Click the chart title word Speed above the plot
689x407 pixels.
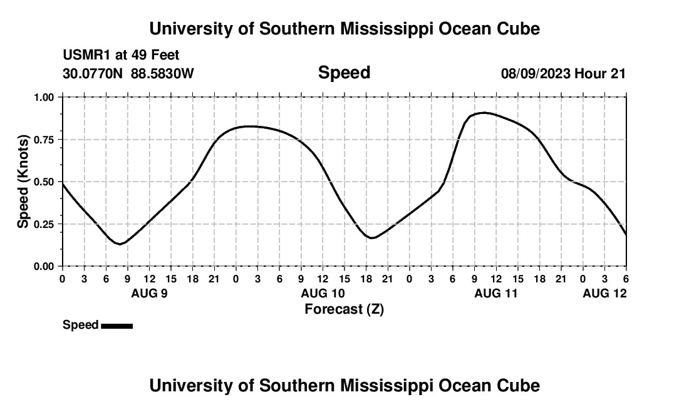[344, 73]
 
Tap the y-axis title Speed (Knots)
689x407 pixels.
[23, 182]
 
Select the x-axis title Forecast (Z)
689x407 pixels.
[344, 309]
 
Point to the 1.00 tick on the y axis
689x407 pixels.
[44, 97]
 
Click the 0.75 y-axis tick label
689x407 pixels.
[44, 140]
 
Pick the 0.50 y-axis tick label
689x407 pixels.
[44, 182]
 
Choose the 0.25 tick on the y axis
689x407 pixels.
[44, 224]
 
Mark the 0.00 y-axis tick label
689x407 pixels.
[44, 266]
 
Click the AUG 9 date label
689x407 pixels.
[149, 293]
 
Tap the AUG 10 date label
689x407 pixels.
[323, 293]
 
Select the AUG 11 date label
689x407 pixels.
[496, 293]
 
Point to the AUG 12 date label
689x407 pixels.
[604, 293]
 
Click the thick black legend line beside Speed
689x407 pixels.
[117, 326]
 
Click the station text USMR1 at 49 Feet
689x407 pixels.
[121, 56]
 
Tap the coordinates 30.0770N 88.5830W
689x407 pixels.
[128, 74]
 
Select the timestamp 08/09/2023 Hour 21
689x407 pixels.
[563, 74]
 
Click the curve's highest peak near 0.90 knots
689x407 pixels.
[482, 113]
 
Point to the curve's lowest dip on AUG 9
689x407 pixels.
[120, 244]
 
